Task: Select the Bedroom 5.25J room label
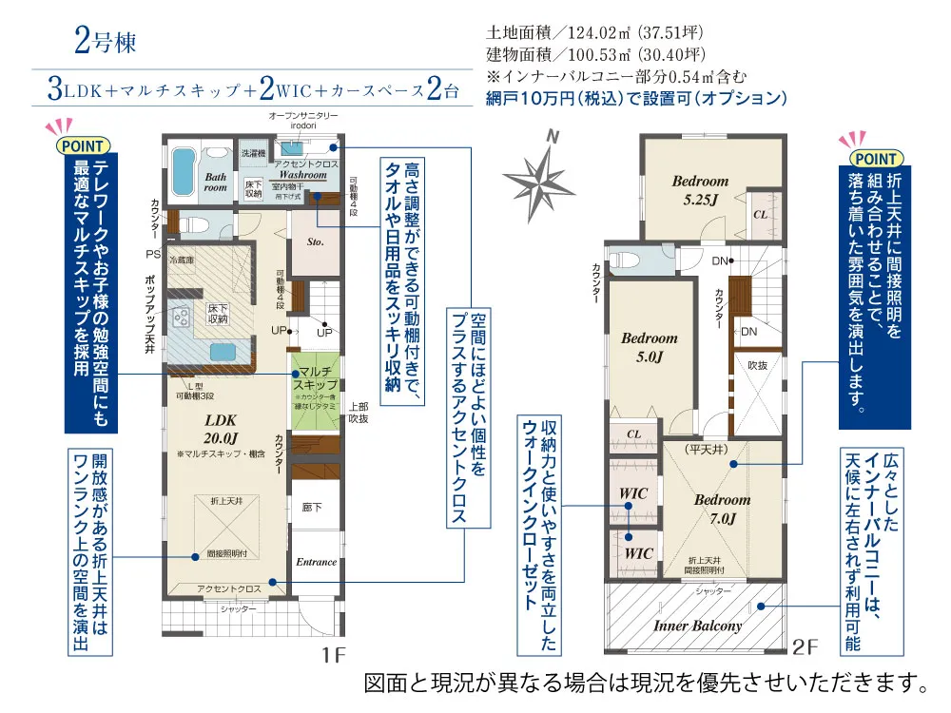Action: click(700, 190)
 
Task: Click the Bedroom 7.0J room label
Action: click(722, 509)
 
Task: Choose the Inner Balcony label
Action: click(697, 626)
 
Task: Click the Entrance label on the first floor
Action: click(316, 562)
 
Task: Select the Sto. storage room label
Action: click(316, 242)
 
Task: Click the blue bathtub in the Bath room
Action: click(183, 169)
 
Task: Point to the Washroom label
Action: click(302, 176)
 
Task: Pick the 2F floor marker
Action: click(805, 647)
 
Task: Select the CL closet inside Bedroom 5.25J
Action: click(760, 215)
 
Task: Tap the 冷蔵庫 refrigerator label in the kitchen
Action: click(181, 259)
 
